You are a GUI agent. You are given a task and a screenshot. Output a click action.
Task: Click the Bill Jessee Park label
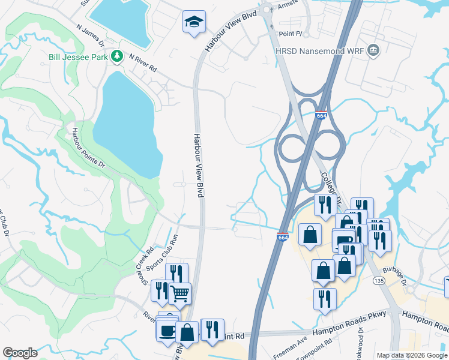79,57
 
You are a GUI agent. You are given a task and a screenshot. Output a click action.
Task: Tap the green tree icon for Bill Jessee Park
118,56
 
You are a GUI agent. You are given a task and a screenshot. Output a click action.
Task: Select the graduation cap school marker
193,23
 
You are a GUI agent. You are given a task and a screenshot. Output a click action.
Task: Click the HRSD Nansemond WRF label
319,50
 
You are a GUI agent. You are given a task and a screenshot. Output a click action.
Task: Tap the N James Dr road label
91,35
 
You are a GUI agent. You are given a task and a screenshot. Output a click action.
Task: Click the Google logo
20,353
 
